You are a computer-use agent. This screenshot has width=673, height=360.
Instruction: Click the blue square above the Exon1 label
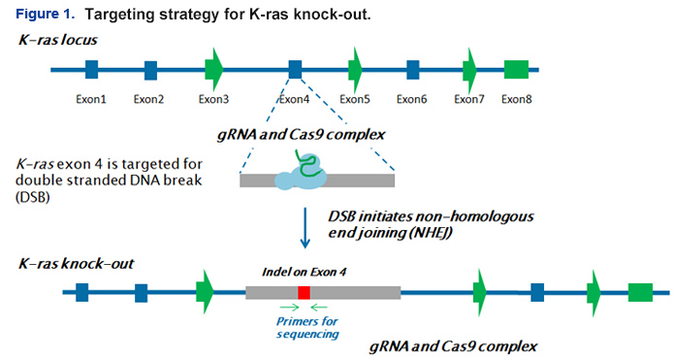click(x=91, y=69)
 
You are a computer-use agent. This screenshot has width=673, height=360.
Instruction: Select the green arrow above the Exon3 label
click(x=214, y=69)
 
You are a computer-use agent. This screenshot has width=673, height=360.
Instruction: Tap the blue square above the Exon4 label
click(x=295, y=69)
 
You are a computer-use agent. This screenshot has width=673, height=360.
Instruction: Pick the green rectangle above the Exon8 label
click(x=516, y=69)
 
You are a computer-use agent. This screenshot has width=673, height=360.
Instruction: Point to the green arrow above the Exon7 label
click(x=470, y=69)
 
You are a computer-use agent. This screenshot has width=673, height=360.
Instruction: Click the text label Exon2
click(x=149, y=98)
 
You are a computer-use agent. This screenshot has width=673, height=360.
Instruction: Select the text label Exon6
click(x=411, y=98)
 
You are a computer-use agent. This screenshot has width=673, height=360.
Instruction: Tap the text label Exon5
click(x=354, y=98)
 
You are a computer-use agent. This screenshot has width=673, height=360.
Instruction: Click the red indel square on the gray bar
click(x=304, y=292)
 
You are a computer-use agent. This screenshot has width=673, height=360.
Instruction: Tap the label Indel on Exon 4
click(x=303, y=273)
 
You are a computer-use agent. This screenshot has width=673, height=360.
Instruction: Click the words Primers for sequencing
click(x=304, y=327)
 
